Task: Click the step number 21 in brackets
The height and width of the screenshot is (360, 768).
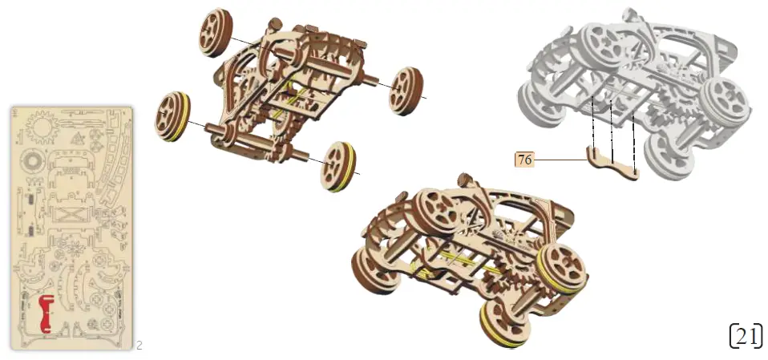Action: [746, 336]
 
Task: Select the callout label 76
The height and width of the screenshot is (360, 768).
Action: [524, 160]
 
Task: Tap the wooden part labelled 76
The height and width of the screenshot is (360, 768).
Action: [613, 164]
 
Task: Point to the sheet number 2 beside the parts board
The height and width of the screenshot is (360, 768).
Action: [139, 346]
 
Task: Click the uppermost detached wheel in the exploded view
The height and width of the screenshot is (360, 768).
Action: [213, 33]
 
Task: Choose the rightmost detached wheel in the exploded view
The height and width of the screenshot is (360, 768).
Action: [407, 90]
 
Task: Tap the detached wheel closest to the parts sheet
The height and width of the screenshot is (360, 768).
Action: [174, 117]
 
